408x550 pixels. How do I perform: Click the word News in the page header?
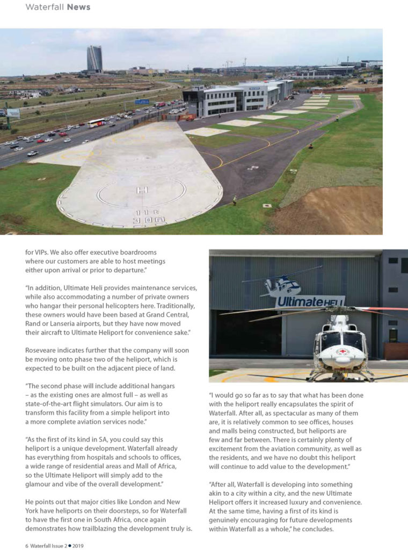pyautogui.click(x=78, y=7)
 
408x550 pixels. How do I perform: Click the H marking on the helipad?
pyautogui.click(x=142, y=190)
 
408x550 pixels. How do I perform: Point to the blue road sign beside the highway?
pyautogui.click(x=142, y=102)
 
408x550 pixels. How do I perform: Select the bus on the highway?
pyautogui.click(x=97, y=123)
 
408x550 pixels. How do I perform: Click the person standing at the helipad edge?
pyautogui.click(x=234, y=201)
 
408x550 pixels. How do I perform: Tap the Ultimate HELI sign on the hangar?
pyautogui.click(x=310, y=301)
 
